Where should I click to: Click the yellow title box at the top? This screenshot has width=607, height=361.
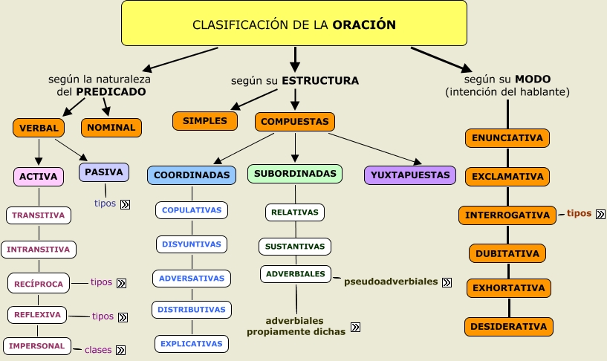[x=294, y=23]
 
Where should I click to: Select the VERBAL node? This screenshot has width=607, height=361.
[x=39, y=128]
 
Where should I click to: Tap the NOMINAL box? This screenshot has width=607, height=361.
[x=111, y=128]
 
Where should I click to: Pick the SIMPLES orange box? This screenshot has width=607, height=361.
[x=205, y=121]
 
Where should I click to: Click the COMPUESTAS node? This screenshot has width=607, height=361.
[x=295, y=122]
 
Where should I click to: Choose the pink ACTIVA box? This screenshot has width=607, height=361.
[x=39, y=177]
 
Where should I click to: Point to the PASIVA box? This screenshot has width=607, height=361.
[x=104, y=172]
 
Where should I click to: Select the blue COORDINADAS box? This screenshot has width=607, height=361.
[x=192, y=175]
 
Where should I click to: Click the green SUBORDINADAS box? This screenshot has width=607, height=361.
[x=295, y=174]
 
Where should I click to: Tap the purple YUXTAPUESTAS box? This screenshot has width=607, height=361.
[x=410, y=175]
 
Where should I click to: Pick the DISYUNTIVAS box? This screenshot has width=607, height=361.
[x=192, y=244]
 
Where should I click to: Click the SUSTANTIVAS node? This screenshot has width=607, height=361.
[x=295, y=247]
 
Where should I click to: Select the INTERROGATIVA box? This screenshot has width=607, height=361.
[x=507, y=215]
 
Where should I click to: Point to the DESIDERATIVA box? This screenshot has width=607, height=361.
[x=509, y=327]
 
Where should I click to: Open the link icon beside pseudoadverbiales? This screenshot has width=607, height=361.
[x=447, y=282]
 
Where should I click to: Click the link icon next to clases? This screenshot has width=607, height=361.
[x=121, y=350]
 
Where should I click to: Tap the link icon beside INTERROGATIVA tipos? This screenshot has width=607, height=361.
[x=600, y=214]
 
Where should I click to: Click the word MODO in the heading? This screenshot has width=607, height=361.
[x=533, y=79]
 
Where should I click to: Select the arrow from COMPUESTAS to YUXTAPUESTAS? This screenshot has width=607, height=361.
[x=375, y=149]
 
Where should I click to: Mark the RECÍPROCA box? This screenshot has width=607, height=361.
[x=39, y=284]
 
